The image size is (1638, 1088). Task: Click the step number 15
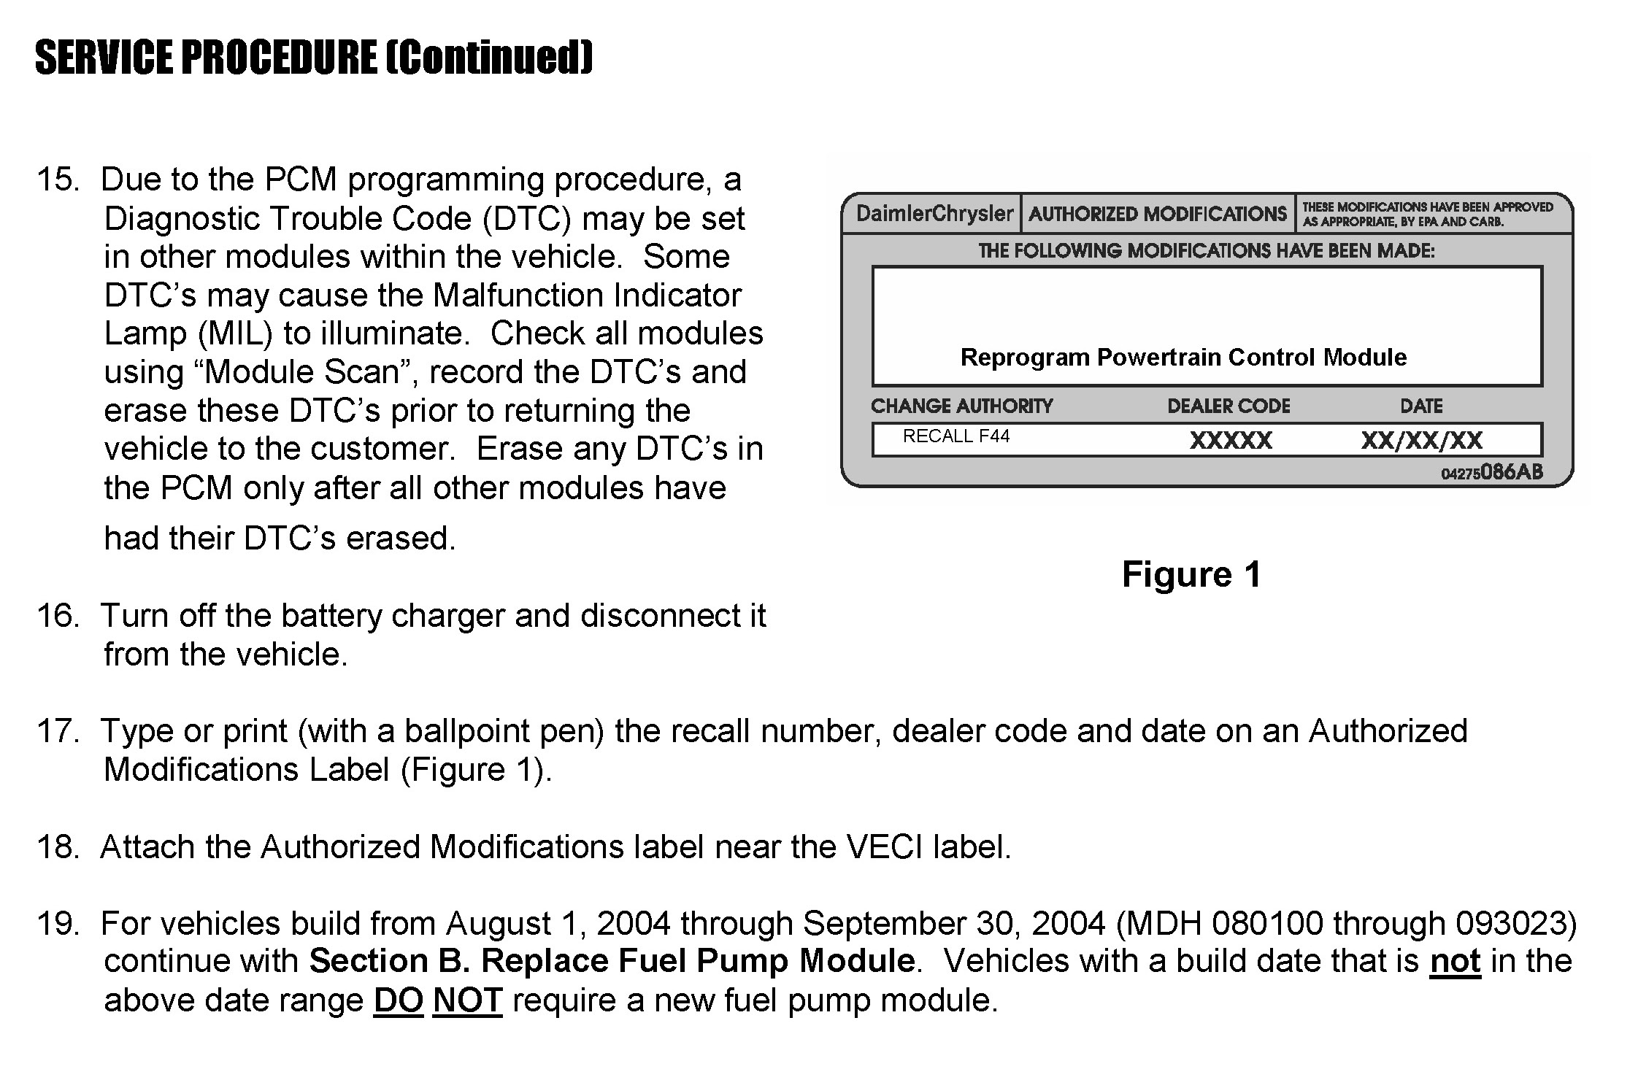[x=57, y=180]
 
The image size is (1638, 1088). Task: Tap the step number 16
[x=57, y=616]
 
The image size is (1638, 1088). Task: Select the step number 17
[x=57, y=731]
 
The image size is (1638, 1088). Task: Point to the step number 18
[x=57, y=847]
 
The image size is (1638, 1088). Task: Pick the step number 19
[x=57, y=924]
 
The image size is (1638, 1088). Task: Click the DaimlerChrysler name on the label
[x=934, y=214]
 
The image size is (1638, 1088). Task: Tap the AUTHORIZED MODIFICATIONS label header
[x=1157, y=214]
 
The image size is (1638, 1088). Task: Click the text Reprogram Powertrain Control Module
[x=1183, y=358]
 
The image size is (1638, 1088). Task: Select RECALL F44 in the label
[x=956, y=436]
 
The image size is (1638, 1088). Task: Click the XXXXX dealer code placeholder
[x=1231, y=441]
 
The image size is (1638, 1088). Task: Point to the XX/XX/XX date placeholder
[x=1421, y=441]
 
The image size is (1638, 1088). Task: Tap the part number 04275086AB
[x=1492, y=473]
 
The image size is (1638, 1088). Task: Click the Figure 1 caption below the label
[x=1191, y=574]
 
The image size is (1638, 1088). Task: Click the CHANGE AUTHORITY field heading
[x=961, y=406]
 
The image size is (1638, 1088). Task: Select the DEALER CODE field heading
[x=1228, y=406]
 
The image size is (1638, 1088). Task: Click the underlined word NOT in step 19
[x=467, y=1000]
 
